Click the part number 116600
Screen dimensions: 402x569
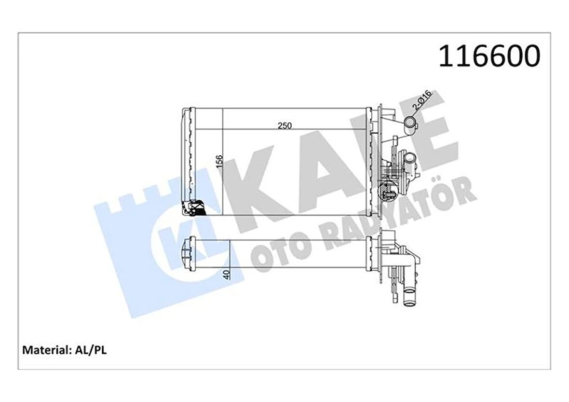(x=489, y=56)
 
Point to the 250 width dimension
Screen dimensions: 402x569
(x=284, y=125)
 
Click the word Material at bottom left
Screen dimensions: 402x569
(x=46, y=350)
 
